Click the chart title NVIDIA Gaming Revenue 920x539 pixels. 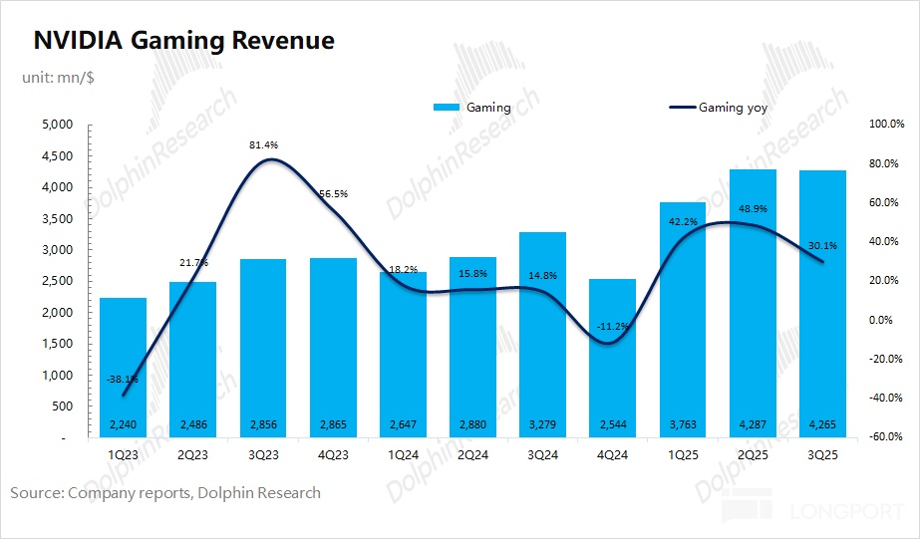[184, 41]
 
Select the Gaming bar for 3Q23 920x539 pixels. [262, 349]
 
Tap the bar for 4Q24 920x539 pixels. [612, 359]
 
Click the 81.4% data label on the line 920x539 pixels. [263, 145]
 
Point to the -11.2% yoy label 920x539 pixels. [613, 326]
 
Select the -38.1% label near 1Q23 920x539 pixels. [124, 379]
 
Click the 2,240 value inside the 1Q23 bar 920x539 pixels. [123, 425]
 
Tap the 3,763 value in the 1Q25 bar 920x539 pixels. [682, 425]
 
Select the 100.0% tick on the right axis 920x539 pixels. [885, 125]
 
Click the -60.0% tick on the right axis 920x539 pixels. [885, 437]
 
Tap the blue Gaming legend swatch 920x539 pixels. [446, 108]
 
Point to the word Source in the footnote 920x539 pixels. [35, 492]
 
